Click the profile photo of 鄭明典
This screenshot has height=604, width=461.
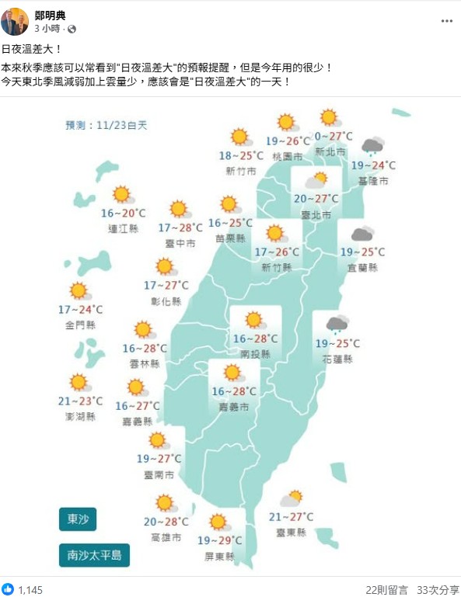click(14, 22)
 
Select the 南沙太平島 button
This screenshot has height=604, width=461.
click(94, 555)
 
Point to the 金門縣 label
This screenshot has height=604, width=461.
click(81, 325)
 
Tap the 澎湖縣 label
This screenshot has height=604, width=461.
click(81, 416)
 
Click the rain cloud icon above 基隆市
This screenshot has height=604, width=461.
click(372, 146)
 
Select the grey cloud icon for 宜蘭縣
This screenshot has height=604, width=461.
click(362, 234)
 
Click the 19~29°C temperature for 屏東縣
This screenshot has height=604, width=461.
click(219, 540)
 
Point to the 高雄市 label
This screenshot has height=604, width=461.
click(166, 537)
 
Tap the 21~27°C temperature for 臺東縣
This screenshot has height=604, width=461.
click(291, 517)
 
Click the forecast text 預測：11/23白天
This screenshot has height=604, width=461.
click(106, 124)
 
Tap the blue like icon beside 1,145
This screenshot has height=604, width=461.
click(9, 590)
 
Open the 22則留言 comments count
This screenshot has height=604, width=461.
click(386, 590)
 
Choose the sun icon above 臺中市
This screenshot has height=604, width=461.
click(180, 209)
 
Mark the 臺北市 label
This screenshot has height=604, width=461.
click(316, 214)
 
